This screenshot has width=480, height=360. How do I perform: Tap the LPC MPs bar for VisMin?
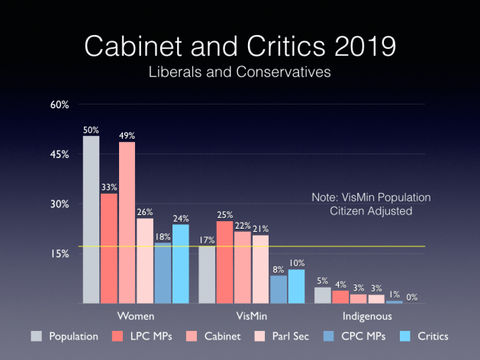[x=224, y=262]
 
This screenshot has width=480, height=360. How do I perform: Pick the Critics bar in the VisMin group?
[x=296, y=286]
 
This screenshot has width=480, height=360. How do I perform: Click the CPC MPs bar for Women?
[x=163, y=273]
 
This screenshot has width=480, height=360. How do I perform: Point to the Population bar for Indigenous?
[x=323, y=295]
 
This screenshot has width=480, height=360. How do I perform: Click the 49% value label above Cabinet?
[x=127, y=136]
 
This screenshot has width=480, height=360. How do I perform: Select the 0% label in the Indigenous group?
[x=412, y=296]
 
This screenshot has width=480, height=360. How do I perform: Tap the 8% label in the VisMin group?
[x=279, y=268]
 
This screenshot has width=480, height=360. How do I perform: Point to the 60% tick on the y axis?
[x=60, y=104]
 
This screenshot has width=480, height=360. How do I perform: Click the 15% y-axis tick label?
[x=60, y=253]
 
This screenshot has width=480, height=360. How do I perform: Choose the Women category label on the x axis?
[x=137, y=316]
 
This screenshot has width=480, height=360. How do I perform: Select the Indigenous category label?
[x=367, y=316]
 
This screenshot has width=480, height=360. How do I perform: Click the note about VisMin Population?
[x=371, y=204]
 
